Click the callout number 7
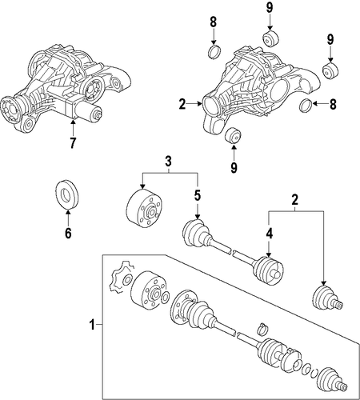point(73,143)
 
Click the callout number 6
point(68,233)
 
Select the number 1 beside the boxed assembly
point(92,325)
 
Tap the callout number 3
point(168,162)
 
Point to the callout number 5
point(197,196)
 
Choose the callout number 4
point(269,234)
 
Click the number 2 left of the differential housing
point(182,104)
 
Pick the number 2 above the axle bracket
point(295,199)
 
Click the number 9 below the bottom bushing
point(234,167)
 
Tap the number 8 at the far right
point(333,104)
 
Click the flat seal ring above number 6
point(67,194)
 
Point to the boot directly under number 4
point(267,270)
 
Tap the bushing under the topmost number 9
point(270,39)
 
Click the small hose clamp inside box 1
point(262,329)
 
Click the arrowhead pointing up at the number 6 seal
point(68,212)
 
